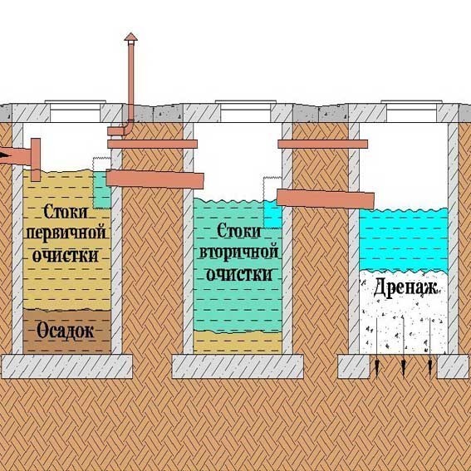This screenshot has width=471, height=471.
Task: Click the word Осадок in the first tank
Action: click(65, 331)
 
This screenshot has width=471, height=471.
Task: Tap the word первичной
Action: click(66, 233)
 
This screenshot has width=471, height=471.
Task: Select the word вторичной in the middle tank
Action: click(238, 252)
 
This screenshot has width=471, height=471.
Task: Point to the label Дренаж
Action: click(405, 288)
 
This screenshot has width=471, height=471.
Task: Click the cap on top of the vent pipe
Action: click(131, 37)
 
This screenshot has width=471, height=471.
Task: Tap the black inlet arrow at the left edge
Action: click(3, 155)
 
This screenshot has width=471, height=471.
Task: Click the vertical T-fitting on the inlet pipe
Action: click(36, 159)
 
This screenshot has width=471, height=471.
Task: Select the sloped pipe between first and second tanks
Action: click(155, 179)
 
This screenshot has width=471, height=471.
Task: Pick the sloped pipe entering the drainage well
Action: click(326, 199)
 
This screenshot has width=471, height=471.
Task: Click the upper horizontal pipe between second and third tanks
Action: click(323, 145)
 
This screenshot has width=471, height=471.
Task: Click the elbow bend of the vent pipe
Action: click(128, 125)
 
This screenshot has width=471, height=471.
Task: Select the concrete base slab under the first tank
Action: click(66, 366)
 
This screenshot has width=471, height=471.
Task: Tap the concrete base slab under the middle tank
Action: click(238, 366)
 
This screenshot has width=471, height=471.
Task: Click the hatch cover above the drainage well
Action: click(411, 102)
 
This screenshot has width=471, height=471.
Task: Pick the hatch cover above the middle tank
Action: click(246, 102)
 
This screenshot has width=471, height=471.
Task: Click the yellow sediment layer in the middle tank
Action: click(238, 342)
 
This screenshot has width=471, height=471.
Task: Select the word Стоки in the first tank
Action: click(66, 212)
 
